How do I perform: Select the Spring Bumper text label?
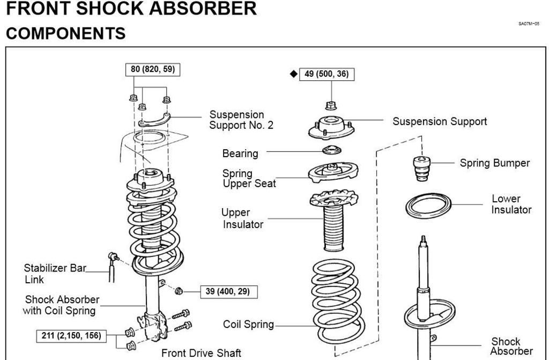pyautogui.click(x=494, y=163)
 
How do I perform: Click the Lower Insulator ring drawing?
pyautogui.click(x=428, y=206)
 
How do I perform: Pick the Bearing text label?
pyautogui.click(x=240, y=153)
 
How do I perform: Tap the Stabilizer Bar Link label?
pyautogui.click(x=55, y=274)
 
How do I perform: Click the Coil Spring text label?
pyautogui.click(x=248, y=325)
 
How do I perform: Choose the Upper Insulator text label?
pyautogui.click(x=243, y=218)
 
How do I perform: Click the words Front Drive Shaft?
pyautogui.click(x=202, y=353)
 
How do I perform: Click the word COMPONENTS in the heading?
pyautogui.click(x=65, y=33)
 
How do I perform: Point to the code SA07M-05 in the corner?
pyautogui.click(x=528, y=24)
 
